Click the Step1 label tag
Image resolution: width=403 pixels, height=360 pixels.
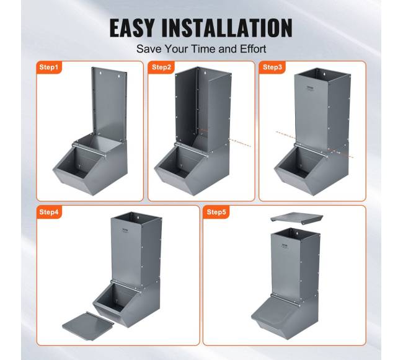coord(49,68)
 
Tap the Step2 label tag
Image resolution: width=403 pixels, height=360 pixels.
coord(161,68)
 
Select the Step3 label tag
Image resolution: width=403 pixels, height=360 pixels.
coord(272,68)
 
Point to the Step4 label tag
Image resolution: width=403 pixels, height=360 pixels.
coord(49,212)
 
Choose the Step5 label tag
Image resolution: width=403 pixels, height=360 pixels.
coord(216,212)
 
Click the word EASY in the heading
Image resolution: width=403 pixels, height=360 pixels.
coord(132,28)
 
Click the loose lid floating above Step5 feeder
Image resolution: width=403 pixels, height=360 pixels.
coord(297,217)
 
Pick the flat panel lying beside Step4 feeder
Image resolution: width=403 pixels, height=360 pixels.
coord(87,326)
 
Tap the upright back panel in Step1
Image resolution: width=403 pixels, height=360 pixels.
coord(110,104)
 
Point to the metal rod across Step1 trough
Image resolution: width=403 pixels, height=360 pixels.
coord(89,151)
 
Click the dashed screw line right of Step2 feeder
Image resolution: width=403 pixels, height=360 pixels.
coord(239,143)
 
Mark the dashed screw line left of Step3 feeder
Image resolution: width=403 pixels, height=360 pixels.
coord(286,135)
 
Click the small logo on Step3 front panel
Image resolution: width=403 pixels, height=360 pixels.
coord(311,89)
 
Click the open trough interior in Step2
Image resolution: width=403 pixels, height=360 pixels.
coord(177,161)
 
